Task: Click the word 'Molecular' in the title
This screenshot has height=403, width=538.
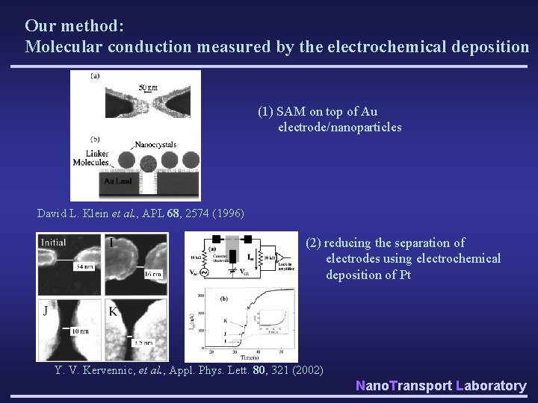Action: (x=61, y=46)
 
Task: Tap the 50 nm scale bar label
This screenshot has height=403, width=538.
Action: (x=148, y=87)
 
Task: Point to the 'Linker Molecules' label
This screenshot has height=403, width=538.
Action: (x=90, y=157)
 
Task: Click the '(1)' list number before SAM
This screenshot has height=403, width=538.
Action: (x=265, y=112)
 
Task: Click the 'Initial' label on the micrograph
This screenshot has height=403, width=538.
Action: (x=54, y=242)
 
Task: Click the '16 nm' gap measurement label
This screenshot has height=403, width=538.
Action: (x=153, y=275)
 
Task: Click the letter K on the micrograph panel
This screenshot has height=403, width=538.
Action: (x=114, y=310)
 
